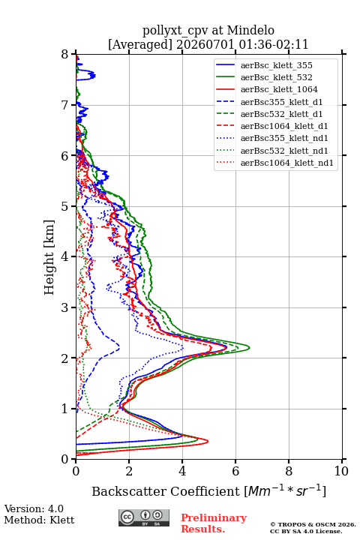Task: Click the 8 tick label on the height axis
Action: pyautogui.click(x=65, y=54)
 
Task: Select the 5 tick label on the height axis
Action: pyautogui.click(x=65, y=206)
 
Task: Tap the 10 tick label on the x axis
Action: pyautogui.click(x=341, y=471)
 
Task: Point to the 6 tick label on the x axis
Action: pyautogui.click(x=235, y=471)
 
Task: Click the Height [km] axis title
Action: pyautogui.click(x=49, y=257)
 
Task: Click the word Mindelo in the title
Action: pyautogui.click(x=250, y=30)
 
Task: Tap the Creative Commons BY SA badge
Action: pyautogui.click(x=144, y=517)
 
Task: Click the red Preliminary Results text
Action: pyautogui.click(x=214, y=523)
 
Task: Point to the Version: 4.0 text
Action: pyautogui.click(x=34, y=508)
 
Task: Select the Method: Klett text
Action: pyautogui.click(x=39, y=520)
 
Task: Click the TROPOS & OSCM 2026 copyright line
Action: pyautogui.click(x=313, y=524)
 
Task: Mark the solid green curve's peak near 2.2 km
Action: pyautogui.click(x=249, y=347)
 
